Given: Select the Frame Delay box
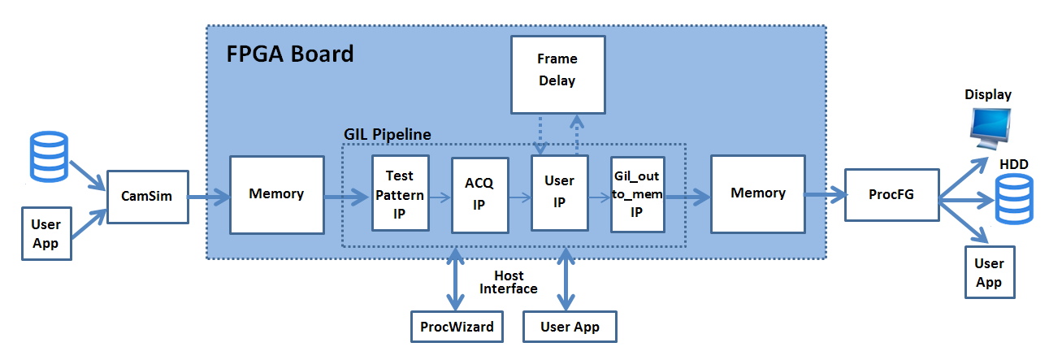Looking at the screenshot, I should pyautogui.click(x=557, y=70).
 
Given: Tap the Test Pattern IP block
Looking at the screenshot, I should pyautogui.click(x=399, y=194).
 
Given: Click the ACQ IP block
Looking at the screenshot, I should pyautogui.click(x=479, y=194).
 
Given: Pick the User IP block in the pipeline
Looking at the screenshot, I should pyautogui.click(x=559, y=193).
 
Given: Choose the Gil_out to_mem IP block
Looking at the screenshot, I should pyautogui.click(x=638, y=194).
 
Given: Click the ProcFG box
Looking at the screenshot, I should pyautogui.click(x=891, y=196).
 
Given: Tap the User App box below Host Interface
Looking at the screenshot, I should pyautogui.click(x=570, y=327).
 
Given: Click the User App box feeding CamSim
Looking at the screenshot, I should pyautogui.click(x=46, y=234).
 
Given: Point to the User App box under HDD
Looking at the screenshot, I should pyautogui.click(x=989, y=272).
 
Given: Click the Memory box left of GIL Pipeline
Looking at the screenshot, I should pyautogui.click(x=276, y=194).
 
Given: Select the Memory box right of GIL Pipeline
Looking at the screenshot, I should pyautogui.click(x=757, y=193).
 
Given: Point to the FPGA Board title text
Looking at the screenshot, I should pyautogui.click(x=289, y=54).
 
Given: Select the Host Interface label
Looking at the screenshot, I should pyautogui.click(x=508, y=282).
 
